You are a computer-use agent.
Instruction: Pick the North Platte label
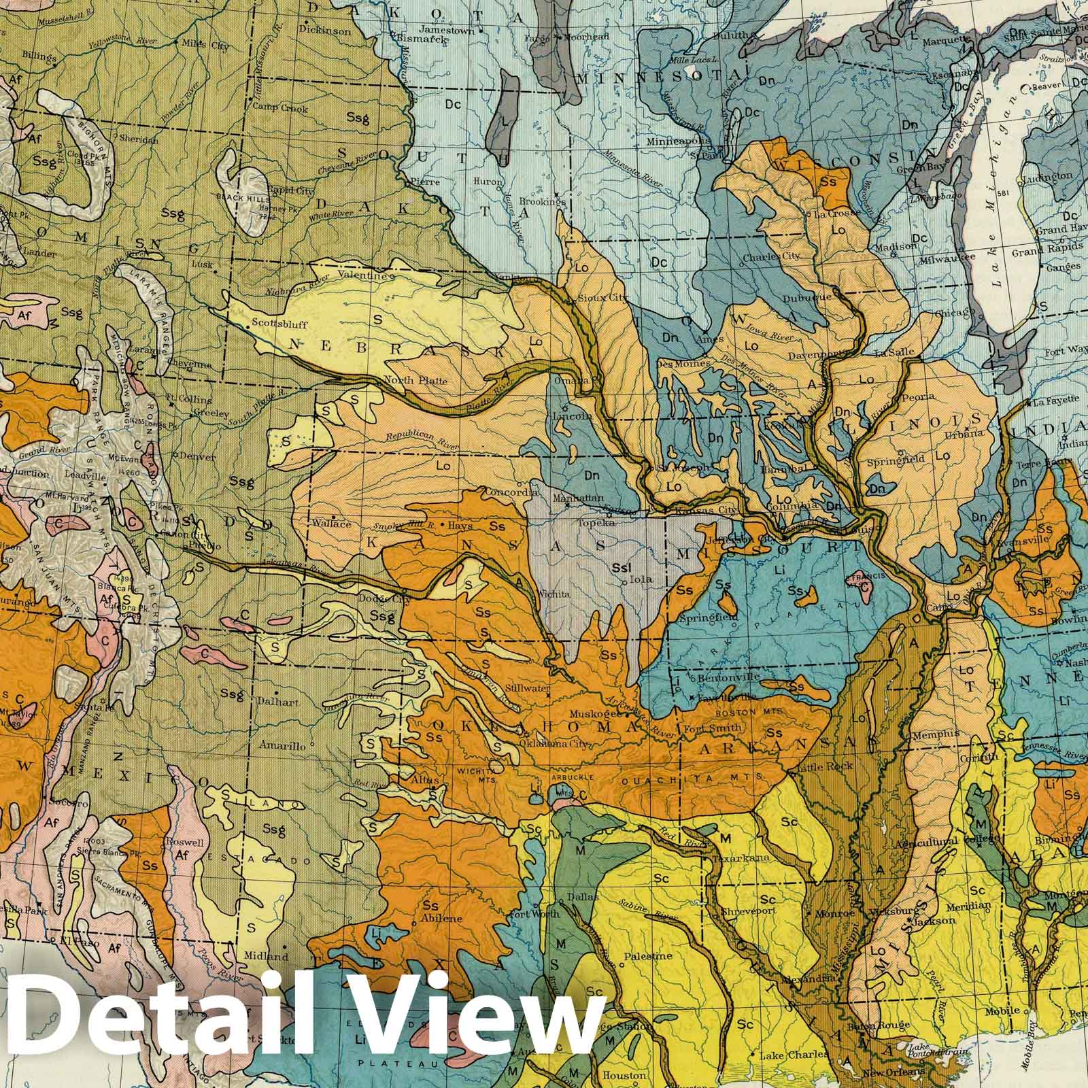[x=415, y=380]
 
